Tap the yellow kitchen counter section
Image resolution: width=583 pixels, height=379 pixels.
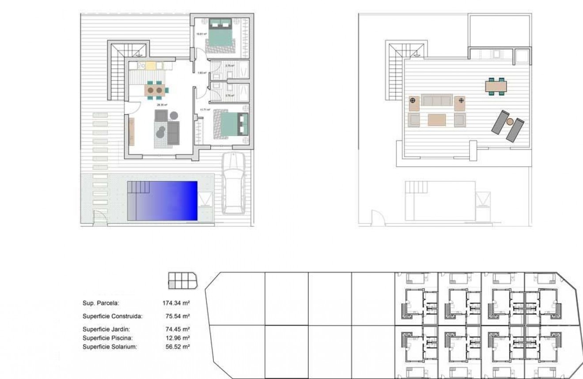coord(151,66)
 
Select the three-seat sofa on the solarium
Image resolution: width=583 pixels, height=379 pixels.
coord(437,100)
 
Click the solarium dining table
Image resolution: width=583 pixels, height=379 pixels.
coord(496,86)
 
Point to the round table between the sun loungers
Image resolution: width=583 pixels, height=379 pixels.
coord(510,122)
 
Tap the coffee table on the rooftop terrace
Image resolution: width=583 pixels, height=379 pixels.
coord(437,120)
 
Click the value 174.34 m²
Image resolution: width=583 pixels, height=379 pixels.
coord(176,303)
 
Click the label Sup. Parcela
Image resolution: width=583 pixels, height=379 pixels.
coord(101,303)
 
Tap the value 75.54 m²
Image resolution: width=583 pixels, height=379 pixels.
coord(178,316)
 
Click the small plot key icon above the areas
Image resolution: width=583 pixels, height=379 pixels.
coord(182,281)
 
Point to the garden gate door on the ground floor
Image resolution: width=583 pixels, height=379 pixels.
coord(101,217)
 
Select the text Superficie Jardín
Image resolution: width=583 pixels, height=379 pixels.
coord(106,329)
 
